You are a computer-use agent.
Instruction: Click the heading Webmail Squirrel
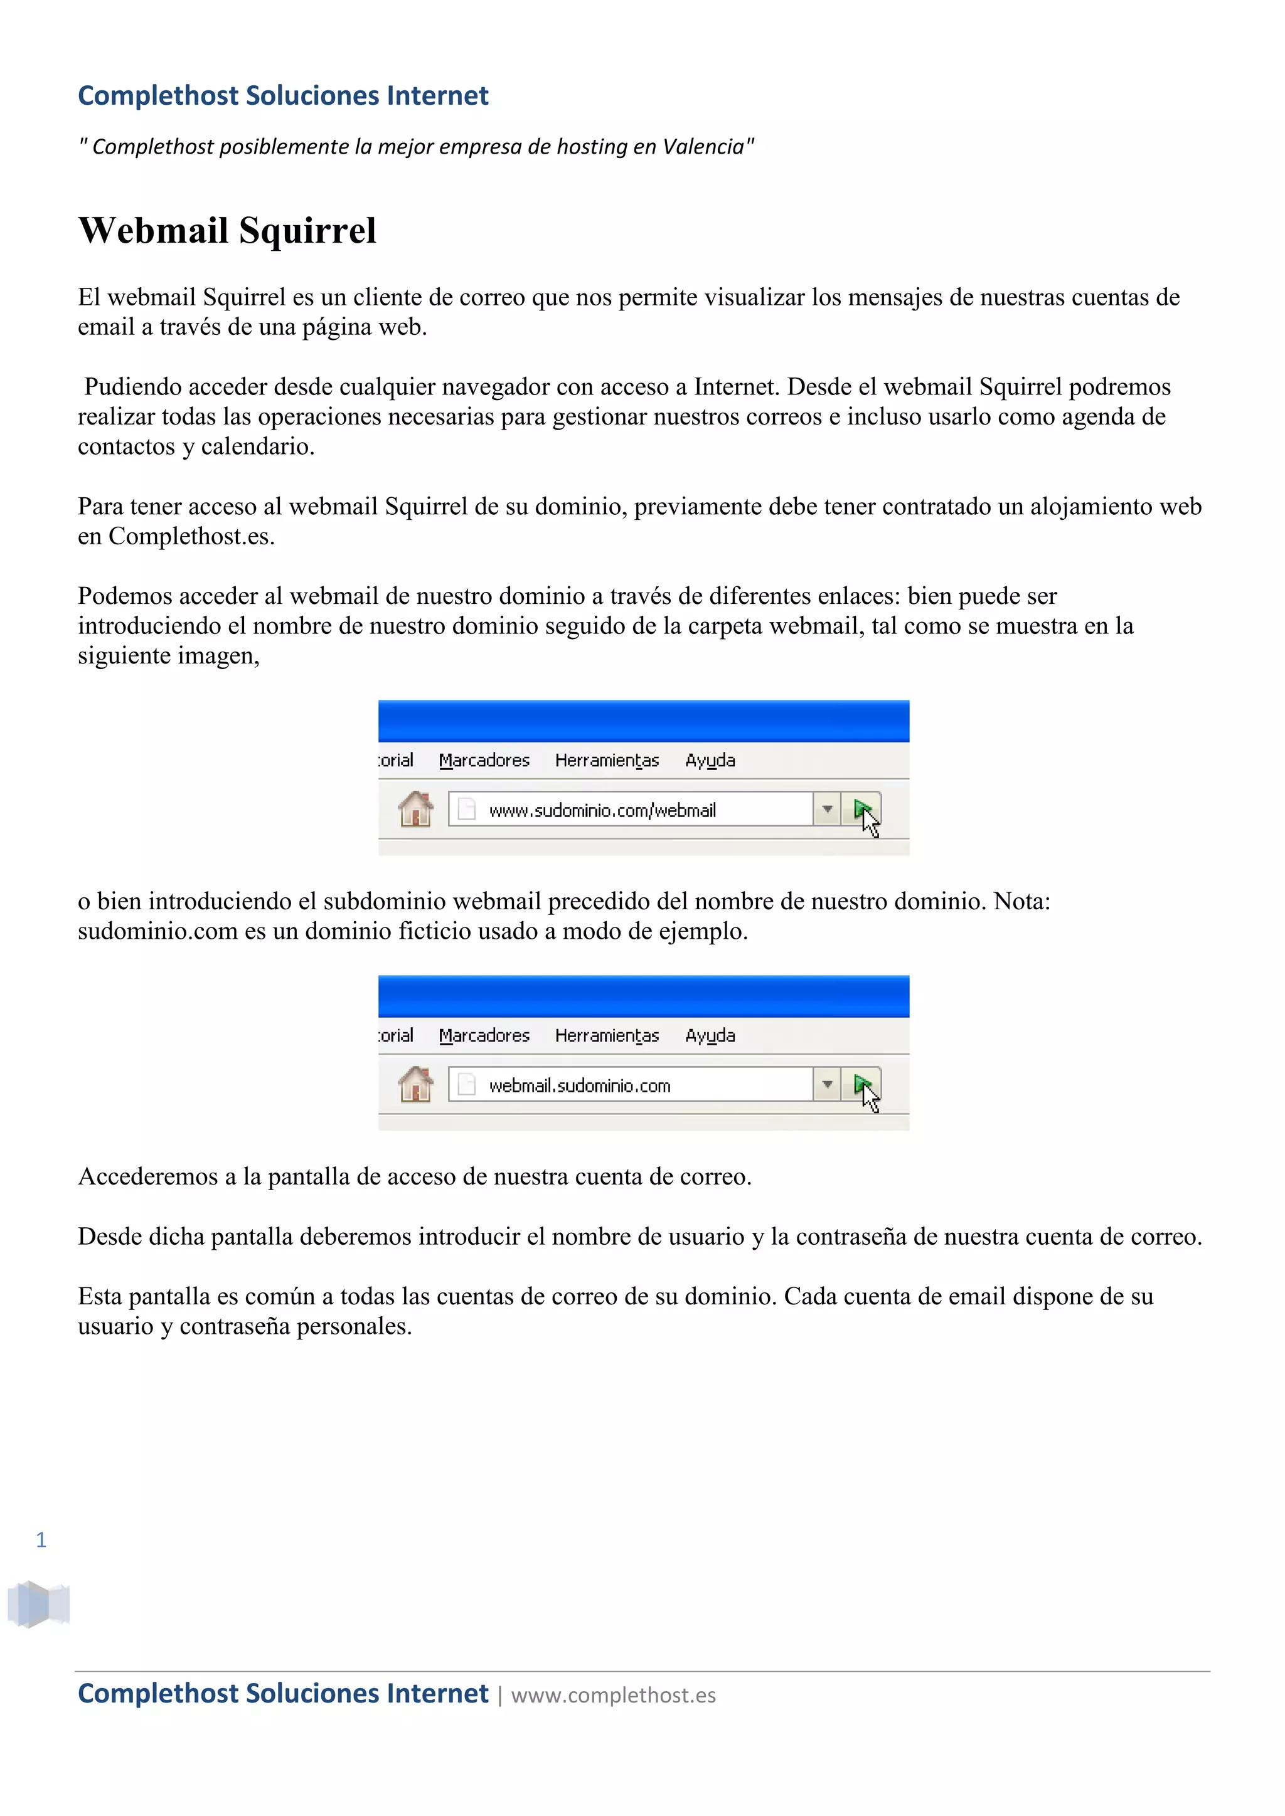point(227,231)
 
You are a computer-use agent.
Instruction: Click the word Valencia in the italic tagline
point(703,147)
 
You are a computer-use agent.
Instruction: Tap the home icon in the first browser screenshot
point(415,809)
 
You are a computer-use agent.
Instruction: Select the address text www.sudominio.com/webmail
point(602,810)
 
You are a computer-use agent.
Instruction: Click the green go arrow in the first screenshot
point(861,809)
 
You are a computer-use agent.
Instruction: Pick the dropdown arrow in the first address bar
point(827,809)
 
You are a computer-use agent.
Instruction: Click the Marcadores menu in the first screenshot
point(484,760)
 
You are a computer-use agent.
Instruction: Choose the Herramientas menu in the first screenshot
point(607,760)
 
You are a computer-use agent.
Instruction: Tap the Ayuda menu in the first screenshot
point(710,760)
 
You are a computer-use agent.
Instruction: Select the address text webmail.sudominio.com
point(579,1085)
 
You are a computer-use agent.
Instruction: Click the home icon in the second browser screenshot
point(415,1084)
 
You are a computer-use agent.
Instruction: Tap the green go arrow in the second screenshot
point(861,1084)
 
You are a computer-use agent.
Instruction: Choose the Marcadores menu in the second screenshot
point(484,1035)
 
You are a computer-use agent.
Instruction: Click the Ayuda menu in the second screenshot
point(710,1035)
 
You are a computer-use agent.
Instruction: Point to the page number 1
point(41,1539)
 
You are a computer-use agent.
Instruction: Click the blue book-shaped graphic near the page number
point(38,1603)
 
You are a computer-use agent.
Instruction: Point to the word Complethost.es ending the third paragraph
point(191,536)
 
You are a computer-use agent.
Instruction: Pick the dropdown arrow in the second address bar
point(827,1084)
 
